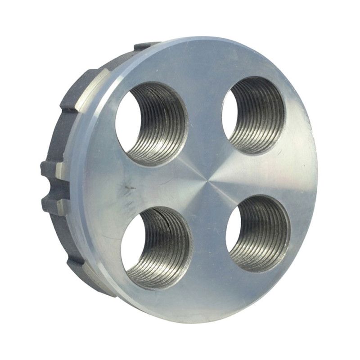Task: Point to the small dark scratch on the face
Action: point(130,186)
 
